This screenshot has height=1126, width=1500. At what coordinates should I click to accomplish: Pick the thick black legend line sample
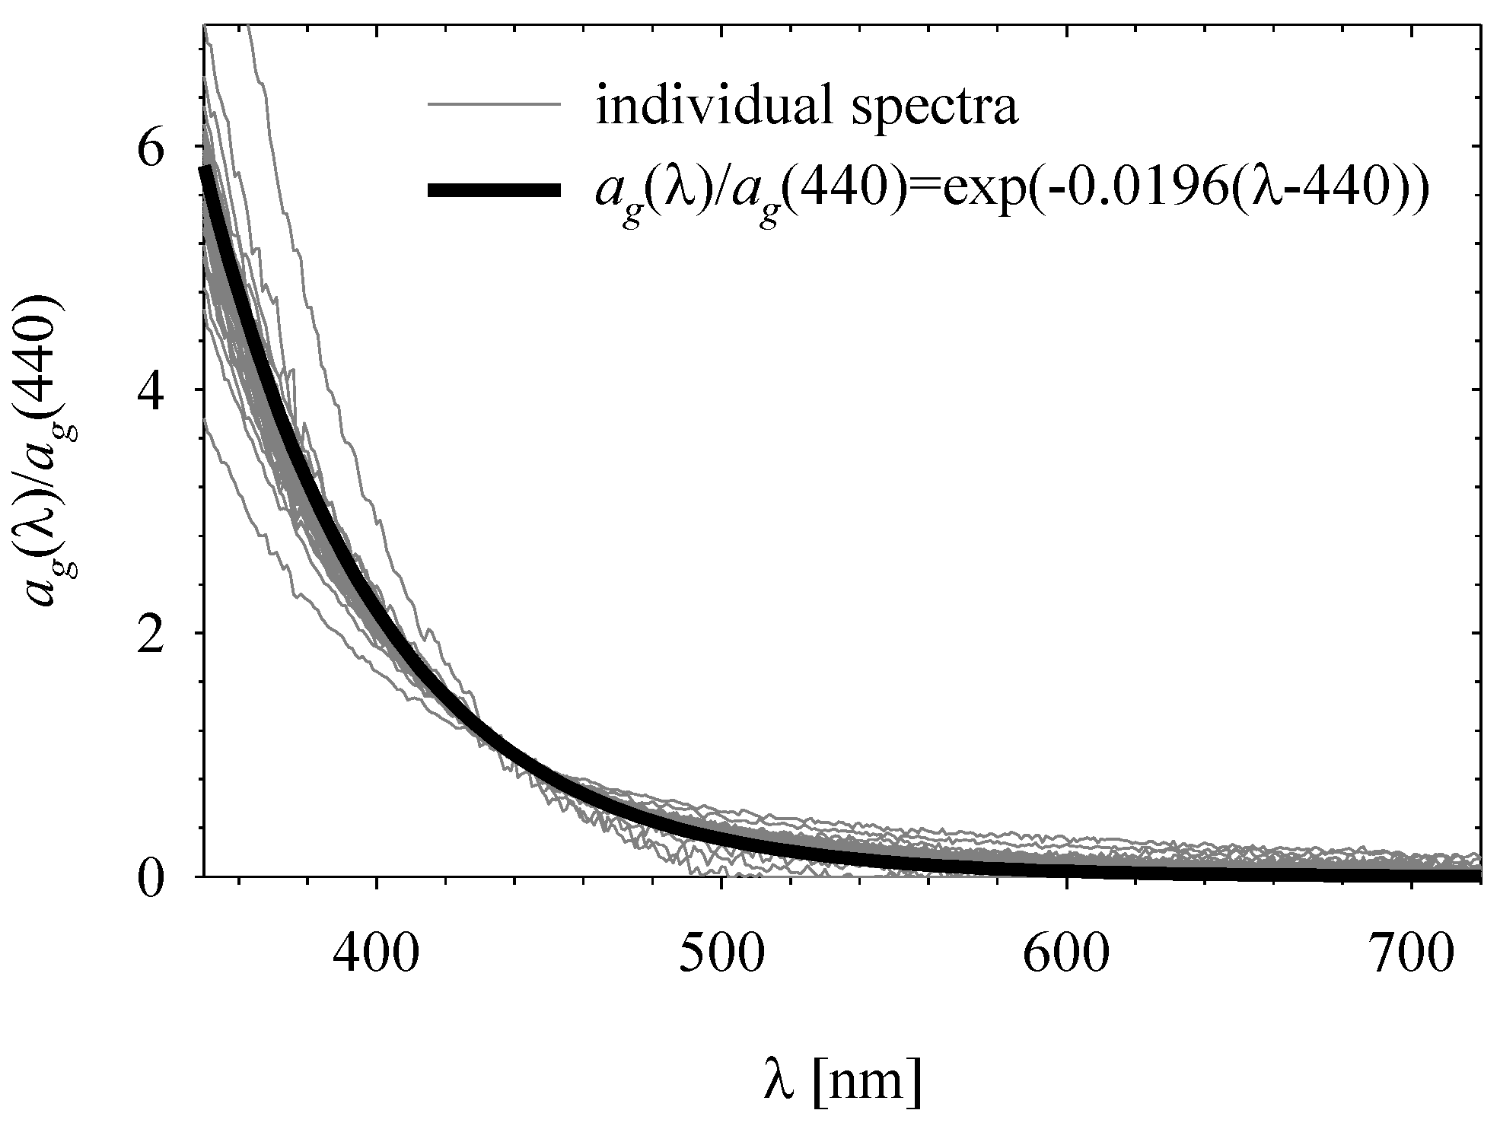(x=495, y=191)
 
